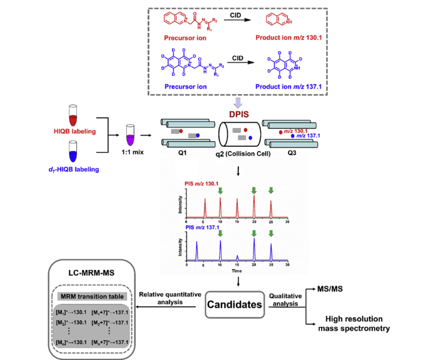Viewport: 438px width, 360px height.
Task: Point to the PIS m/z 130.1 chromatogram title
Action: (x=202, y=185)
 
